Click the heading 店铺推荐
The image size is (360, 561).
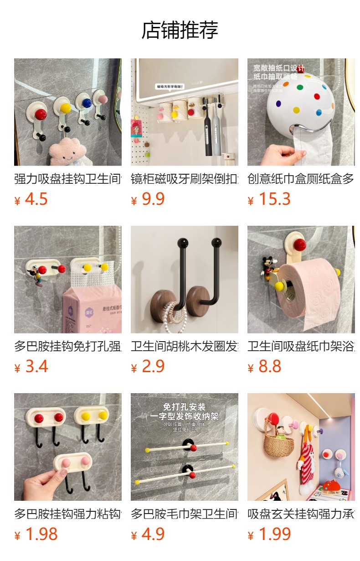tap(180, 30)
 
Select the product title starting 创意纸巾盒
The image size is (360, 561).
tap(301, 179)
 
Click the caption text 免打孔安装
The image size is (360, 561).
tap(184, 406)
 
